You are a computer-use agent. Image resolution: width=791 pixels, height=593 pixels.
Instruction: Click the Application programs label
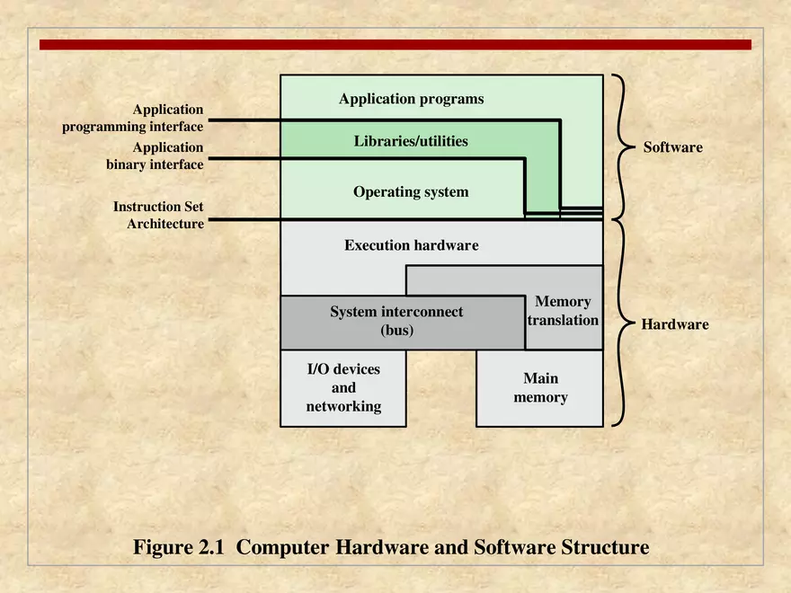pyautogui.click(x=411, y=99)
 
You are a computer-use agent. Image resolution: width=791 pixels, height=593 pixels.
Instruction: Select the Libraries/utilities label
pyautogui.click(x=411, y=141)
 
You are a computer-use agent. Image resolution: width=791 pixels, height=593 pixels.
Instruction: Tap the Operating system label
pyautogui.click(x=411, y=191)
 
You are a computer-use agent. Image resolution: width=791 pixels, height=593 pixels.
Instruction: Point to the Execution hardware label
pyautogui.click(x=411, y=244)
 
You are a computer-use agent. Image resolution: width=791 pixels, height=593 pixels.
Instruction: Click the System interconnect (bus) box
pyautogui.click(x=396, y=321)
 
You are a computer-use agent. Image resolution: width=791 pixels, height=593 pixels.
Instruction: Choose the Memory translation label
pyautogui.click(x=563, y=311)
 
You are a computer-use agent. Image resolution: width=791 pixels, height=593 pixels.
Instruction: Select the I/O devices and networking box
pyautogui.click(x=343, y=388)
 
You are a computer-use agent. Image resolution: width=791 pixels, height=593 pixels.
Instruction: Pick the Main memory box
pyautogui.click(x=539, y=388)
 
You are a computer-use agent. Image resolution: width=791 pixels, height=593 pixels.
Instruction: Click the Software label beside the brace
pyautogui.click(x=672, y=146)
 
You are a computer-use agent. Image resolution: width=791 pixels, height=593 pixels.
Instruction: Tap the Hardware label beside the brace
pyautogui.click(x=674, y=324)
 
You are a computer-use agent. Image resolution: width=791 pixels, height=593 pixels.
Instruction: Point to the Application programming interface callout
pyautogui.click(x=133, y=118)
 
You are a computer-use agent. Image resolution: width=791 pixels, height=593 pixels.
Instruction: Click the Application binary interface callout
pyautogui.click(x=155, y=156)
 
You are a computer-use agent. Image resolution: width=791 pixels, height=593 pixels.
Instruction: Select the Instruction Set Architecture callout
pyautogui.click(x=158, y=216)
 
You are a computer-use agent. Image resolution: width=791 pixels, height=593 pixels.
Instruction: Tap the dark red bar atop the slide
pyautogui.click(x=395, y=44)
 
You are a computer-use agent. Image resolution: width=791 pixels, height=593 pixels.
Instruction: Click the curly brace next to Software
pyautogui.click(x=621, y=146)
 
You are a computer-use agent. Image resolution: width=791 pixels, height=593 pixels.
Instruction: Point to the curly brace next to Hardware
pyautogui.click(x=619, y=323)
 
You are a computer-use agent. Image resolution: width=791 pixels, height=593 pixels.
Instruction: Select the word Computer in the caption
pyautogui.click(x=283, y=547)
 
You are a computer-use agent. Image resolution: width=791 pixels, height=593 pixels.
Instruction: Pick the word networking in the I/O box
pyautogui.click(x=343, y=406)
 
